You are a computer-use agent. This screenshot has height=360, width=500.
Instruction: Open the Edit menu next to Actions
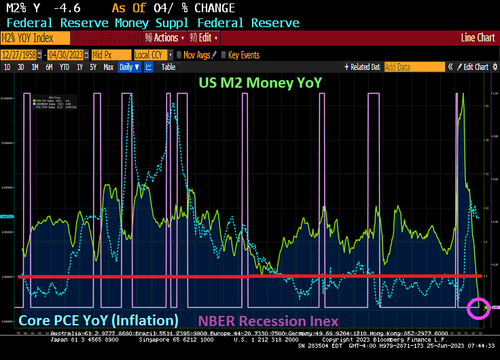pos(204,38)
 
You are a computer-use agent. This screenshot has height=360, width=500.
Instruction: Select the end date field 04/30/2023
pos(67,55)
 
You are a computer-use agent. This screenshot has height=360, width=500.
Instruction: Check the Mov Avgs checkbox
pos(179,55)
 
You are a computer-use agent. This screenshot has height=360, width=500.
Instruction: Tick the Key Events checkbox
pos(224,55)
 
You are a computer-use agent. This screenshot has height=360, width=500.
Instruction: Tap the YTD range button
pos(65,67)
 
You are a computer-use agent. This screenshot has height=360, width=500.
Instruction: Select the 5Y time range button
pos(93,67)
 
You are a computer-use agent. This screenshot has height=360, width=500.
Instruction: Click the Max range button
pos(108,67)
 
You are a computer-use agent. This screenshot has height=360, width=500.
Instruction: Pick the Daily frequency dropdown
pos(128,67)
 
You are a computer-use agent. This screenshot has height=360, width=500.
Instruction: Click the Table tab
pos(168,67)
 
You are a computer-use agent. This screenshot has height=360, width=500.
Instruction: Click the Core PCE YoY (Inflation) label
pos(99,319)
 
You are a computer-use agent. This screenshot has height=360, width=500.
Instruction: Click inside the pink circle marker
pos(479,308)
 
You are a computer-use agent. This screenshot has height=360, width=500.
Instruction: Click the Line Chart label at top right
pos(478,38)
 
